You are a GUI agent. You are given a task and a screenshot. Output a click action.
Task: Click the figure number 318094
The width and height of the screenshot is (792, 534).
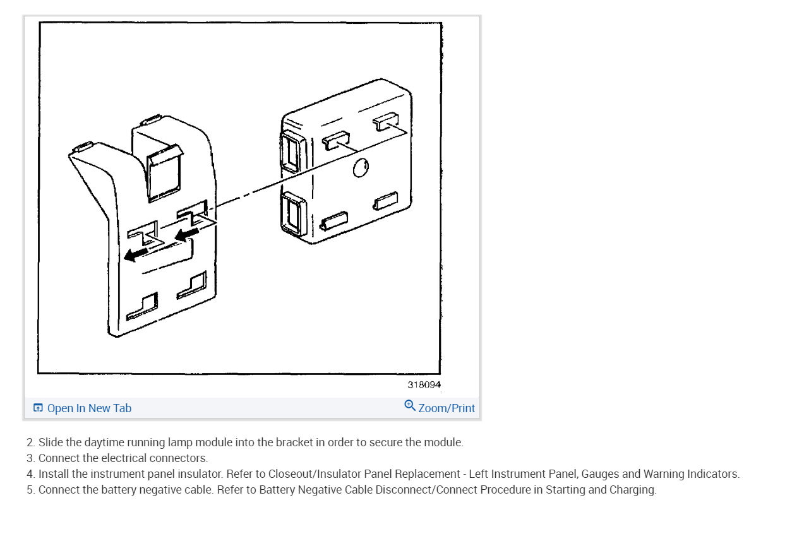coord(424,384)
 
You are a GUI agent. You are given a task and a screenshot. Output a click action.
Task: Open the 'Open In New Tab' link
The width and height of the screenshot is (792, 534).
coord(89,408)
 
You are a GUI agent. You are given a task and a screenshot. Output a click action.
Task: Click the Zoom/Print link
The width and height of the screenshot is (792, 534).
coord(447,408)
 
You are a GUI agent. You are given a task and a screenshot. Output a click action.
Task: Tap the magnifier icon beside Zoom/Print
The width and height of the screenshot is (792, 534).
coord(410,405)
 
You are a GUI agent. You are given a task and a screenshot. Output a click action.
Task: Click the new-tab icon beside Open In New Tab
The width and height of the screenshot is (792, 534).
coord(38,408)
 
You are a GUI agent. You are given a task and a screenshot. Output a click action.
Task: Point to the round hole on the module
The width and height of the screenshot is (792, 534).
coord(361,168)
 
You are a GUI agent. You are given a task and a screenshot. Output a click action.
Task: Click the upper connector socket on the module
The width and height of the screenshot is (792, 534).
coord(291,151)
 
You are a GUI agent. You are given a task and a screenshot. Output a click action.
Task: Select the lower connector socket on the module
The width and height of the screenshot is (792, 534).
coord(291,212)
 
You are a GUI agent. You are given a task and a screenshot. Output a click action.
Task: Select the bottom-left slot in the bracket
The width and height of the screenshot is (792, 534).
coord(143,306)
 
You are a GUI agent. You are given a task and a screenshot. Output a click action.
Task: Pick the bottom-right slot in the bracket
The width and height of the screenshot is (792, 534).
coord(192,285)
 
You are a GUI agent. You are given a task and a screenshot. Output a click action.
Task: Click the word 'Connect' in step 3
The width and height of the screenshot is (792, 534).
coord(58,458)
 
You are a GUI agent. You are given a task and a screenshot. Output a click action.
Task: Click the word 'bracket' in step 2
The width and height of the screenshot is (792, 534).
coord(296,442)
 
